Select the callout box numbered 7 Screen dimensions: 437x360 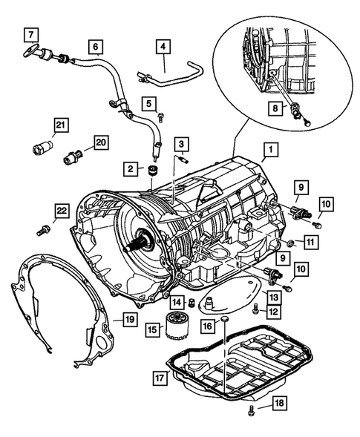click(x=30, y=34)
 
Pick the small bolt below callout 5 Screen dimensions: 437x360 click(x=160, y=116)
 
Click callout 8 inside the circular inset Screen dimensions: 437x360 click(x=275, y=108)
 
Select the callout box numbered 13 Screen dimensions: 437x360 click(x=273, y=298)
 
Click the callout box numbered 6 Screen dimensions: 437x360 click(x=95, y=46)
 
